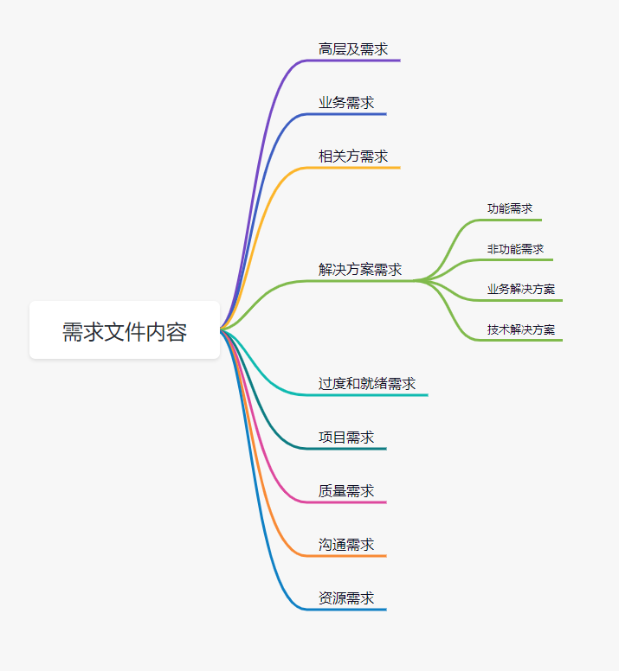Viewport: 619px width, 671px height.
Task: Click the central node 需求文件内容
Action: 125,330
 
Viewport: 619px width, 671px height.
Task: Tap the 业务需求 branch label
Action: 346,103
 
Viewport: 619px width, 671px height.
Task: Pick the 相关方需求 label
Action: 353,157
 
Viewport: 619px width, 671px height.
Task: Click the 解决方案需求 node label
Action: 360,269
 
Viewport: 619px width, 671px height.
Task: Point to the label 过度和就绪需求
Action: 367,383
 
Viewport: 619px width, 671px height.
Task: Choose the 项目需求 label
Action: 346,437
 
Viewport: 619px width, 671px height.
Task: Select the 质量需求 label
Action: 346,490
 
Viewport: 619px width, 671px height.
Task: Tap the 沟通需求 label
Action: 346,544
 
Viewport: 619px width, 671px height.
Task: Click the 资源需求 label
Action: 346,598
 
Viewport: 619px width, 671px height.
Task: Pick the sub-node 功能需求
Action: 510,208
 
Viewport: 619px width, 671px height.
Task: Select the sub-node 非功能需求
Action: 515,249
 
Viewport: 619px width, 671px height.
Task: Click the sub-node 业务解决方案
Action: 521,289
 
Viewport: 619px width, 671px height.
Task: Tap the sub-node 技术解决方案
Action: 521,329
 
